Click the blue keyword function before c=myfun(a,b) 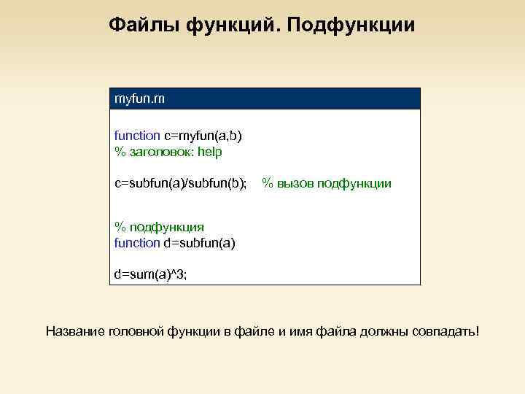pyautogui.click(x=137, y=136)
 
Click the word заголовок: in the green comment pyautogui.click(x=164, y=152)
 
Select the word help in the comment pyautogui.click(x=213, y=152)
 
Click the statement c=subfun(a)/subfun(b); pyautogui.click(x=181, y=183)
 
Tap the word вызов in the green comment pyautogui.click(x=295, y=183)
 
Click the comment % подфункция pyautogui.click(x=159, y=227)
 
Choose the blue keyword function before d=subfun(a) pyautogui.click(x=137, y=243)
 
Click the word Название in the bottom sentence pyautogui.click(x=74, y=332)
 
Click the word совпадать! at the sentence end pyautogui.click(x=449, y=332)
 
